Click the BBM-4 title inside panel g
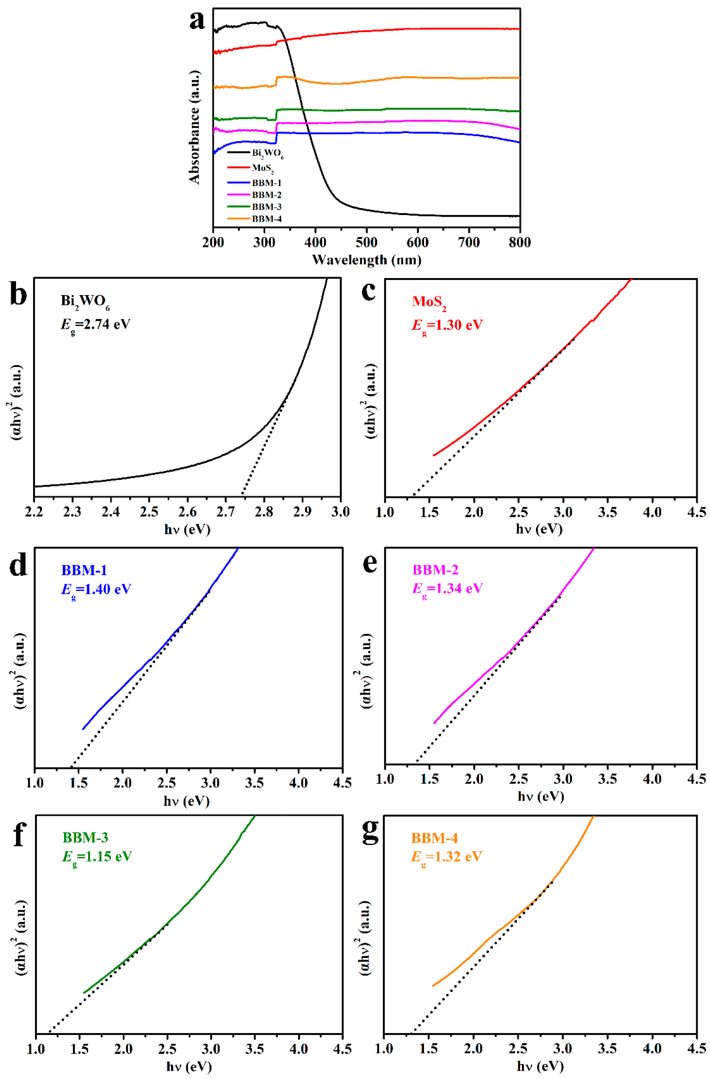(434, 838)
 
